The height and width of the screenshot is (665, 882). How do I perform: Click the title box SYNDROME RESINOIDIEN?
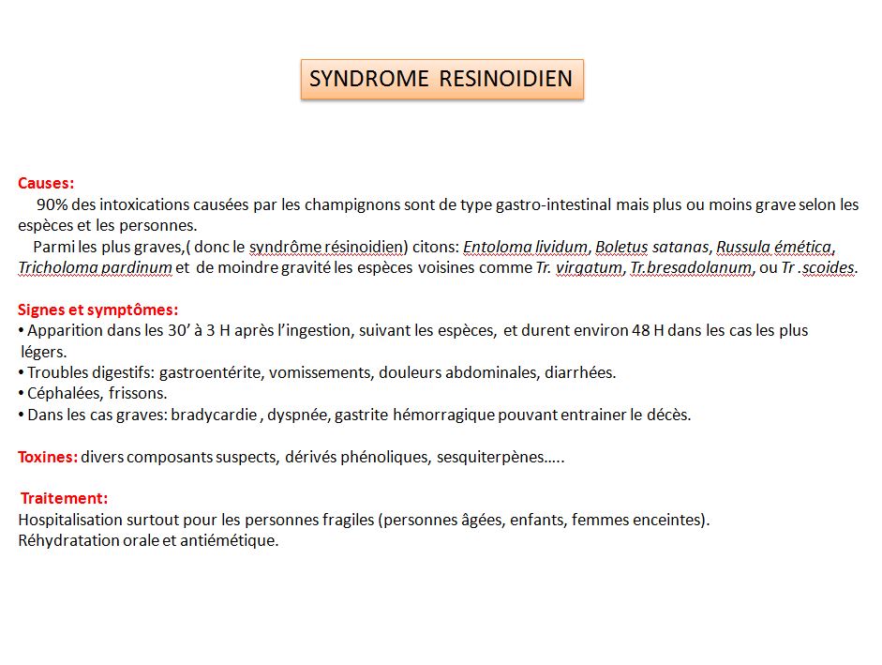click(x=441, y=79)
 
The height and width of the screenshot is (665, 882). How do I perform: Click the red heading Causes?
click(x=46, y=184)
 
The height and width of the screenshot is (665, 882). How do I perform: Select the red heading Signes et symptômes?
click(x=98, y=310)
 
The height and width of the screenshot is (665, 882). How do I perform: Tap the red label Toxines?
click(x=48, y=457)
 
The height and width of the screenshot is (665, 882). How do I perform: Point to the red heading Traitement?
click(x=65, y=498)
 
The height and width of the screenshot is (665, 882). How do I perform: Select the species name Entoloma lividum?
click(x=526, y=247)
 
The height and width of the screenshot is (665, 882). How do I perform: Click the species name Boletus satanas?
click(x=653, y=247)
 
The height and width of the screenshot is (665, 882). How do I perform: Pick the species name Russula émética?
click(x=774, y=247)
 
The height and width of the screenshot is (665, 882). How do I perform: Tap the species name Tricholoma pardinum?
click(x=95, y=267)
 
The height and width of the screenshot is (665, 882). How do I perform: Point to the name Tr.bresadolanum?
click(x=691, y=267)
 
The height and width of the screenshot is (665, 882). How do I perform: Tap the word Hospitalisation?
click(x=71, y=520)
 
